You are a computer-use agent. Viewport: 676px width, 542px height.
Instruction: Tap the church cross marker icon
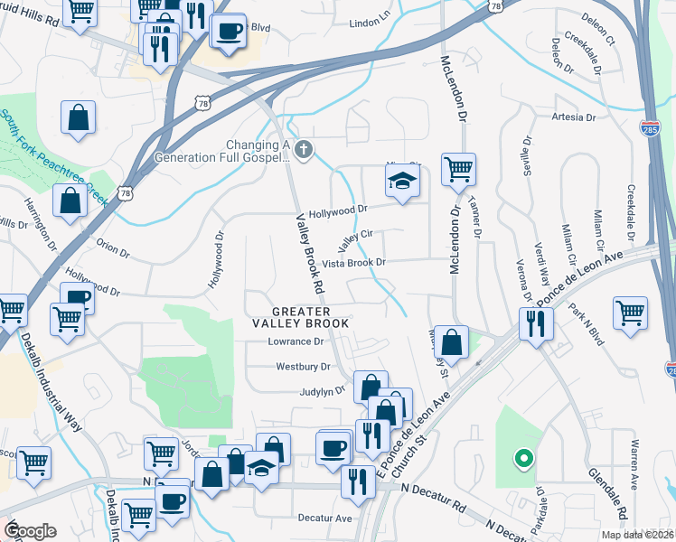305,150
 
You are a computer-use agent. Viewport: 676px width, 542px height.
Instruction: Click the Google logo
29,532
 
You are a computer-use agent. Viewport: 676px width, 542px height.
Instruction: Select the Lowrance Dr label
296,342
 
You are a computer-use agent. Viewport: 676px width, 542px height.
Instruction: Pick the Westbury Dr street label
302,368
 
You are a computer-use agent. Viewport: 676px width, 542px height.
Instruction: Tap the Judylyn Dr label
324,391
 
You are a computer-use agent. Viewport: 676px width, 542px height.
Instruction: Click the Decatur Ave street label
324,519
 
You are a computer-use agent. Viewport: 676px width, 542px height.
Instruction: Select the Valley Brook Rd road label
310,252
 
